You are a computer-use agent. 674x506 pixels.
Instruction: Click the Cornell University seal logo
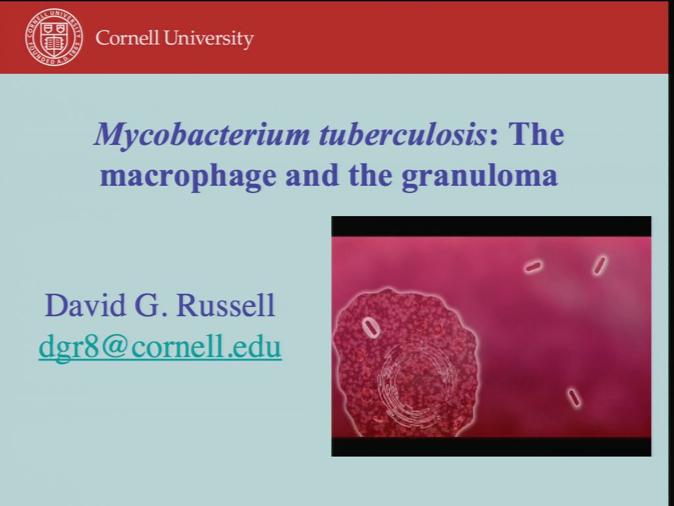[x=54, y=37]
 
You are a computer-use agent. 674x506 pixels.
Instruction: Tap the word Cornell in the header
[x=127, y=38]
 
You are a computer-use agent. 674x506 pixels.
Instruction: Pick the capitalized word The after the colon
[x=536, y=134]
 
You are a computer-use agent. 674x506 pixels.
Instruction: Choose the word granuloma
[x=480, y=176]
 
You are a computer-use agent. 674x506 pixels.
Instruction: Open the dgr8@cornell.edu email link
[x=160, y=347]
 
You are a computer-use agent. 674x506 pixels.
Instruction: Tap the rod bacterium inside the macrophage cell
[x=371, y=327]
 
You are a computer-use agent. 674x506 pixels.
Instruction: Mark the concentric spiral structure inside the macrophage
[x=415, y=382]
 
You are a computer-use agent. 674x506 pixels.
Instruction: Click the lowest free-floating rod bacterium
[x=575, y=398]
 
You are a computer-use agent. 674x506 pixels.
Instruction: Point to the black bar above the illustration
[x=491, y=226]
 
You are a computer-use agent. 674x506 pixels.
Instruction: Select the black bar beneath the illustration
[x=491, y=446]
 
